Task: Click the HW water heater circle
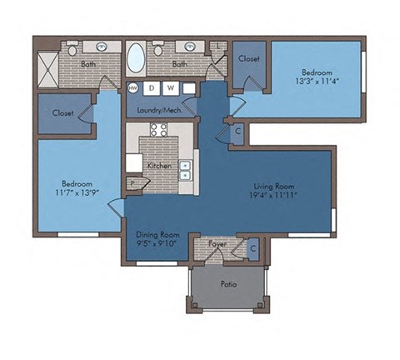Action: point(132,87)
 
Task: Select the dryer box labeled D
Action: point(152,87)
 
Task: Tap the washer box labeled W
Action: point(170,87)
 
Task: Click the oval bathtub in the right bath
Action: point(135,60)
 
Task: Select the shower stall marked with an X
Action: point(47,64)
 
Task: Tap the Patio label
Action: point(228,284)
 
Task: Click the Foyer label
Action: point(217,244)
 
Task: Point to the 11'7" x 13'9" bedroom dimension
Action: point(76,192)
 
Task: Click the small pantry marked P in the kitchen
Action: point(132,183)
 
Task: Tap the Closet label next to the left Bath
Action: point(63,112)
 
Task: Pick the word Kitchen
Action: point(160,166)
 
